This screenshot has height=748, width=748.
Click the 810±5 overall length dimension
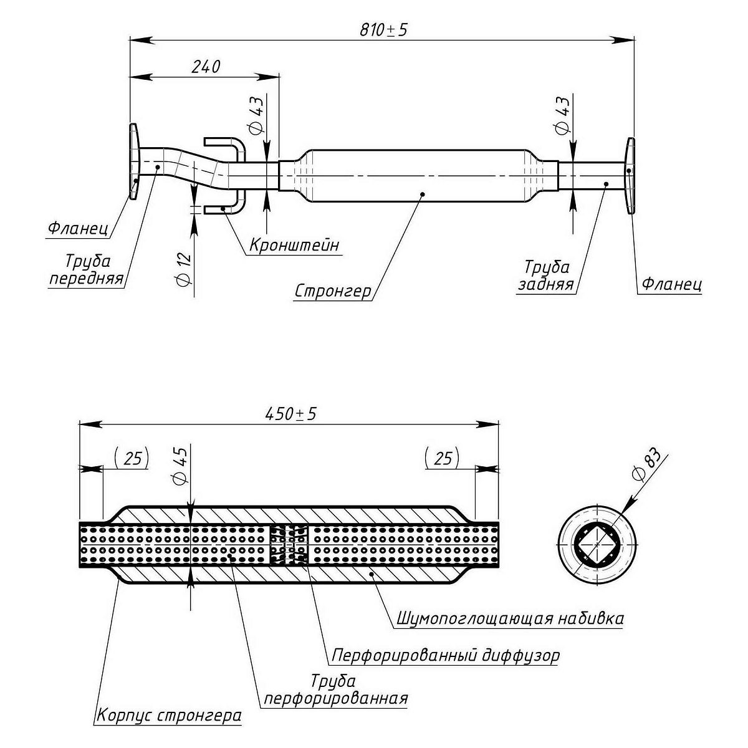point(383,29)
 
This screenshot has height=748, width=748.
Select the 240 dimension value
point(206,67)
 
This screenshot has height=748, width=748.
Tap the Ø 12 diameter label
point(185,270)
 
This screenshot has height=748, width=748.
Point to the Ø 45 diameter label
point(181,469)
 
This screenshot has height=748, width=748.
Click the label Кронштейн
point(294,245)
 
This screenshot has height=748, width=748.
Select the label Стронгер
point(333,291)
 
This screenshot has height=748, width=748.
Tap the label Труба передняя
point(87,269)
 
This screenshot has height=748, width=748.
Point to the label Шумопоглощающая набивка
point(510,618)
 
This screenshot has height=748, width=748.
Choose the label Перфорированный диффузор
point(446,656)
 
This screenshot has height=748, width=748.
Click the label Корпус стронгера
point(168,715)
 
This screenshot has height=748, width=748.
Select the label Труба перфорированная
point(335,689)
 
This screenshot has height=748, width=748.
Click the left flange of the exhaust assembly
point(134,162)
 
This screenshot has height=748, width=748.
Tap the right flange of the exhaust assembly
point(631,176)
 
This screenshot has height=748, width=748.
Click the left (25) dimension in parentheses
point(132,459)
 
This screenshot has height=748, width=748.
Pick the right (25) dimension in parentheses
point(441,459)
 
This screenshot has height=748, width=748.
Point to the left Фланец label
point(79,229)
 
